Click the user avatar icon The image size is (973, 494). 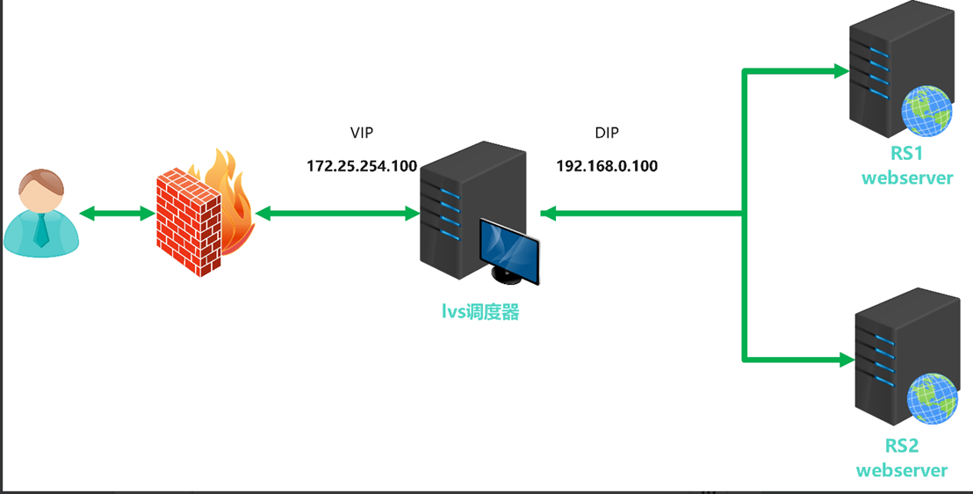[41, 214]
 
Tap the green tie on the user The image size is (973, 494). [41, 230]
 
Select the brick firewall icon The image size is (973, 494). [188, 223]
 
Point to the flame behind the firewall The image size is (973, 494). [231, 198]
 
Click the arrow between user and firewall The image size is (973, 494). [118, 214]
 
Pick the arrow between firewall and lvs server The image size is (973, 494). [336, 214]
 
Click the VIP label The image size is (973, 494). [362, 134]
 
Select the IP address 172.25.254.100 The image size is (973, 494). [362, 165]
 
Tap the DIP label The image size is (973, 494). [607, 134]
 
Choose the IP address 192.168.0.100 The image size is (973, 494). [607, 165]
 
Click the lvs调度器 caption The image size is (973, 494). [480, 311]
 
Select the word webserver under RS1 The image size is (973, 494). [907, 178]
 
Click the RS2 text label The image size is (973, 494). [902, 447]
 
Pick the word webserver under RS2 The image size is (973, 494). [902, 469]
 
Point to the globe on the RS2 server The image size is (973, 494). [931, 398]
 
